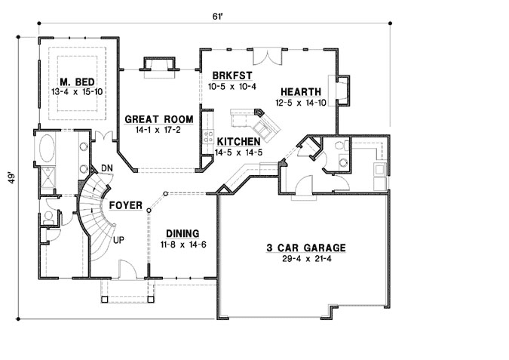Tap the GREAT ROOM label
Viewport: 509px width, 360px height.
pyautogui.click(x=158, y=119)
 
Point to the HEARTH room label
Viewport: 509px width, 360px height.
pyautogui.click(x=300, y=91)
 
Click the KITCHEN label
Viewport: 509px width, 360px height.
pyautogui.click(x=239, y=141)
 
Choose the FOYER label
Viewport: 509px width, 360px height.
pyautogui.click(x=126, y=205)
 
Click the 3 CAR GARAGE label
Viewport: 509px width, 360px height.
pyautogui.click(x=305, y=248)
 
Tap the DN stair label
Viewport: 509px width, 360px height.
pyautogui.click(x=106, y=168)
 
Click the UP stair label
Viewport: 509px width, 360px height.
pyautogui.click(x=118, y=239)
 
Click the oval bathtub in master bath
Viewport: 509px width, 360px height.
pyautogui.click(x=47, y=146)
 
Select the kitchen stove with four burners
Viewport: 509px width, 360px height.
pyautogui.click(x=207, y=137)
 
